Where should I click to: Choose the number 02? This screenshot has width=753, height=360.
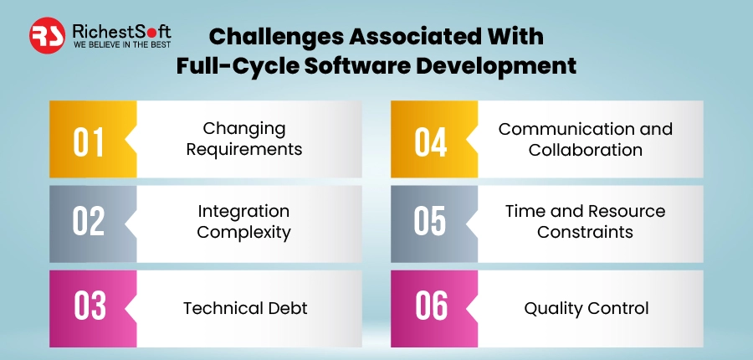[x=89, y=221]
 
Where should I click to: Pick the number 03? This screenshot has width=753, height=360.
[x=89, y=306]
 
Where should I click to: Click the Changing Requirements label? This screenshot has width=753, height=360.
[x=244, y=140]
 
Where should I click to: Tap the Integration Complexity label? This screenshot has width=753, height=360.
[x=243, y=221]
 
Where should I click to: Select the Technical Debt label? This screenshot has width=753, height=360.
[x=245, y=308]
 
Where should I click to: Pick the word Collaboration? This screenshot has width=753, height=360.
[x=586, y=151]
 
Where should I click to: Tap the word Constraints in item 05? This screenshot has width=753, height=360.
[x=585, y=232]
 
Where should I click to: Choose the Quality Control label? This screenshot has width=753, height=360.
[x=587, y=308]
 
